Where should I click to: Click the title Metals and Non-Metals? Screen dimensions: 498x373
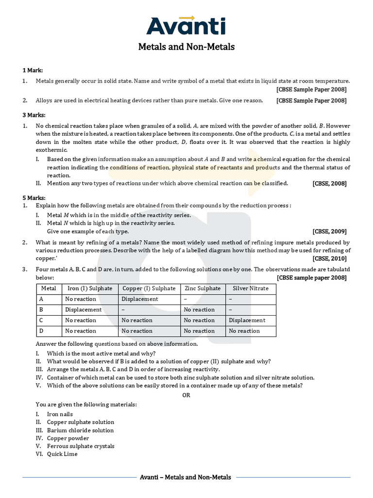(186, 47)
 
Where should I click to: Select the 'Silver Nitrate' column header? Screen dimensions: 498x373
(251, 288)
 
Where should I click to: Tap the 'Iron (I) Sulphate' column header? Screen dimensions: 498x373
(90, 288)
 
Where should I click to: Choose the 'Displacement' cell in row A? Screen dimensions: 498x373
(140, 299)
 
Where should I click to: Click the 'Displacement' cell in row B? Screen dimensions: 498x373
(84, 310)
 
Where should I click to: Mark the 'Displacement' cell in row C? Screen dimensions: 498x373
(247, 320)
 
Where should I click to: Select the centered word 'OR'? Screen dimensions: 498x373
(186, 395)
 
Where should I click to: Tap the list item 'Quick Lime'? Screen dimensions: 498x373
(62, 454)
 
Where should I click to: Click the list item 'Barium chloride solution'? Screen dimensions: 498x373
(80, 430)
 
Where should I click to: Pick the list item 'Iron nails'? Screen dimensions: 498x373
(60, 414)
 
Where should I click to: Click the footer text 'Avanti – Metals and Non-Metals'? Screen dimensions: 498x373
(185, 478)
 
